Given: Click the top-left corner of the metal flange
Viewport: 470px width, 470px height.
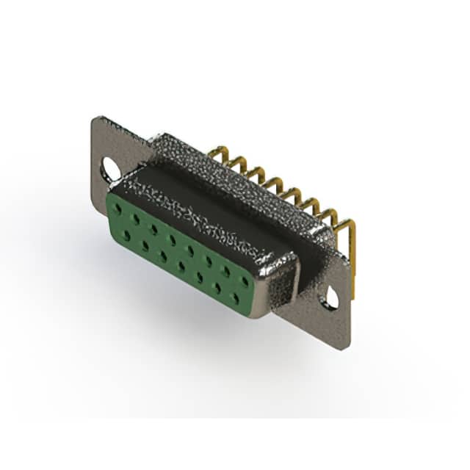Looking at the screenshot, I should [95, 117].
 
